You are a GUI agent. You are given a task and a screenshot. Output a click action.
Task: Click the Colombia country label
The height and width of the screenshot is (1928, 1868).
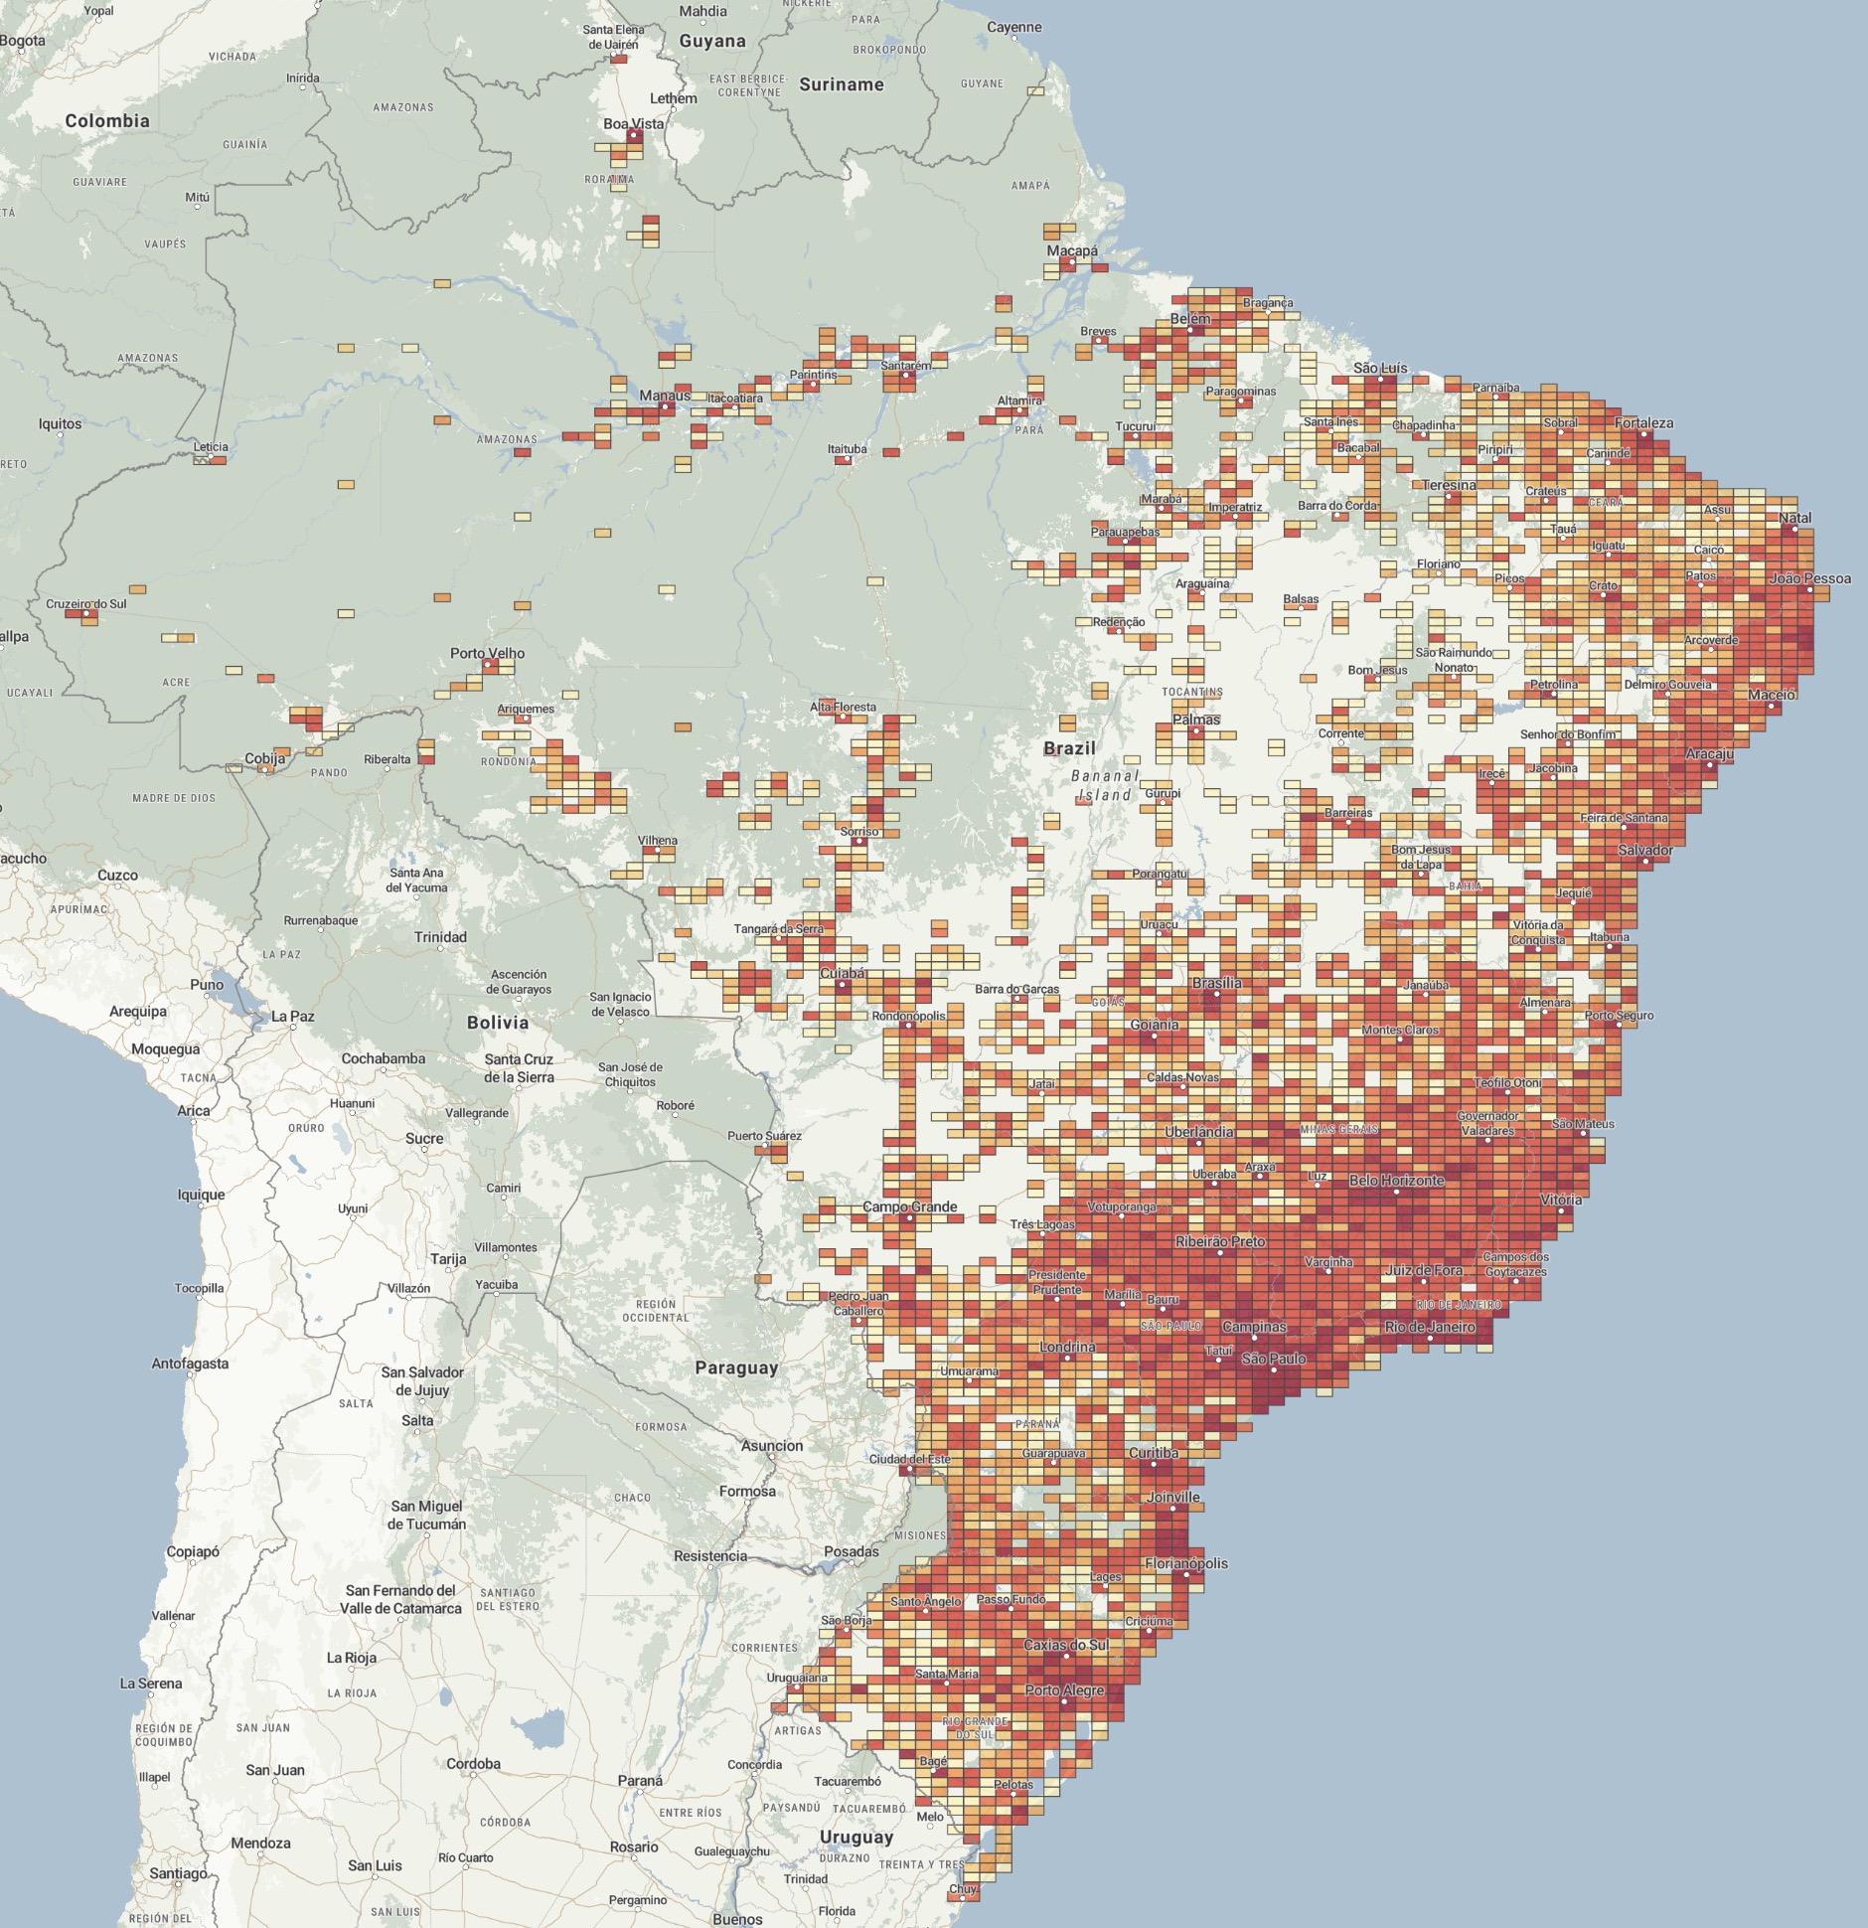pyautogui.click(x=107, y=121)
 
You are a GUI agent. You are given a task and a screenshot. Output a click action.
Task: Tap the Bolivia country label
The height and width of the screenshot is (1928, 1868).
pyautogui.click(x=498, y=1023)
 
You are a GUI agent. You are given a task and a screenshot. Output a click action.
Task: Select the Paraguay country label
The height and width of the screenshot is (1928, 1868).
pyautogui.click(x=736, y=1367)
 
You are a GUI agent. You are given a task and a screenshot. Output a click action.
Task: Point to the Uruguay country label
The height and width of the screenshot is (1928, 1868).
pyautogui.click(x=856, y=1838)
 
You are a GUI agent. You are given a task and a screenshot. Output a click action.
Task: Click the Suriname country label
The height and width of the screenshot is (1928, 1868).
pyautogui.click(x=842, y=85)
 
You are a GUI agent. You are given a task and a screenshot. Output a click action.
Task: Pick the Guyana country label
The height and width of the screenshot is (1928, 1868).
pyautogui.click(x=712, y=42)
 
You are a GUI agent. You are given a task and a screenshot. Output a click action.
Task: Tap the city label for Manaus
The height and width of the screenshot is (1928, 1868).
pyautogui.click(x=665, y=396)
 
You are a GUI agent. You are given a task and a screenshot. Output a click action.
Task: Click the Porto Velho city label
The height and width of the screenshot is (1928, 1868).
pyautogui.click(x=487, y=653)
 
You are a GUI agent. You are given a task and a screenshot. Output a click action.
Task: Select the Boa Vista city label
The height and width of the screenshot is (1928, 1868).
pyautogui.click(x=634, y=124)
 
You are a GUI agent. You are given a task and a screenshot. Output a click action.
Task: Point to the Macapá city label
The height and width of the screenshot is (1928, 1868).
pyautogui.click(x=1072, y=251)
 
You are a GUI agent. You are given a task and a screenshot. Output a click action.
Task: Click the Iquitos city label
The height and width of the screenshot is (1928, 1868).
pyautogui.click(x=60, y=424)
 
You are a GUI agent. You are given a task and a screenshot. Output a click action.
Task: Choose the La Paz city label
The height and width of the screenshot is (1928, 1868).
pyautogui.click(x=293, y=1017)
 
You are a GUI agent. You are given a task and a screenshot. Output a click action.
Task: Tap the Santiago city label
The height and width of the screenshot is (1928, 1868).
pyautogui.click(x=179, y=1873)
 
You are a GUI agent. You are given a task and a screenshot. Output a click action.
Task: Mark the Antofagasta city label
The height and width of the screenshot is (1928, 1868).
pyautogui.click(x=190, y=1364)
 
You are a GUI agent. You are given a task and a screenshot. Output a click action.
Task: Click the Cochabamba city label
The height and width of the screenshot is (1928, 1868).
pyautogui.click(x=384, y=1058)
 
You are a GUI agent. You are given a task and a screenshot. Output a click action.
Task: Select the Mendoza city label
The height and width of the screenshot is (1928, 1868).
pyautogui.click(x=260, y=1843)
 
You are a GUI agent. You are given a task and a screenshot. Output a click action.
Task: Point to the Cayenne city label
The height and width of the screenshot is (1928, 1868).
pyautogui.click(x=1014, y=27)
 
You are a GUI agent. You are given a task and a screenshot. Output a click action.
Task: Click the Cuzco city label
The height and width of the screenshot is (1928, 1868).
pyautogui.click(x=117, y=876)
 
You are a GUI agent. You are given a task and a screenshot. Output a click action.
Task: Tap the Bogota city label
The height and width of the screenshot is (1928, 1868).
pyautogui.click(x=23, y=41)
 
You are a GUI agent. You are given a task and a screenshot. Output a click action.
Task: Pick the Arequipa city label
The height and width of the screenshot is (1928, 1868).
pyautogui.click(x=138, y=1012)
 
